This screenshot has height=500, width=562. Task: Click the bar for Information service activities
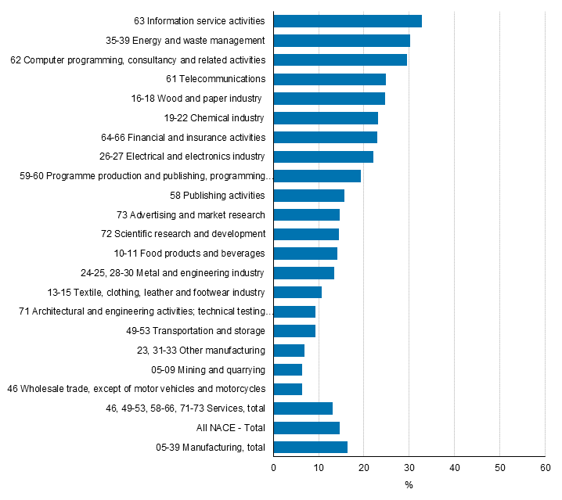coord(348,21)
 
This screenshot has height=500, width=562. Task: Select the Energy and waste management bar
coord(342,41)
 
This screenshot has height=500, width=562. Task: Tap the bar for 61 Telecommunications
coord(330,79)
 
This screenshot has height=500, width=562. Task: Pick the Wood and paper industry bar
coord(330,99)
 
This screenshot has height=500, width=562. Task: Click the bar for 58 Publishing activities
coord(309,196)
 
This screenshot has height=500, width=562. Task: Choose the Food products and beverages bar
coord(305,254)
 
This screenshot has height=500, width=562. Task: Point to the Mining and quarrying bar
coord(288,369)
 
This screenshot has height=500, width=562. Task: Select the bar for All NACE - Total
coord(307,428)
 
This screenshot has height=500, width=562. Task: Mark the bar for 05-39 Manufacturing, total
coord(311,448)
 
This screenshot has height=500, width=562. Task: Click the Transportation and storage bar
coord(294,331)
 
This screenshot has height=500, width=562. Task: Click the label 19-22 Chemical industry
coord(214,118)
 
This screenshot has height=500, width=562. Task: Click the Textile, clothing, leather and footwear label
coord(156,293)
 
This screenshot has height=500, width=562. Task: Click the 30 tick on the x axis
coord(409,467)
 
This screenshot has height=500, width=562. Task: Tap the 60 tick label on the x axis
coord(544,467)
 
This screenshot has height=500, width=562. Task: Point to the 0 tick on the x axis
coord(274,467)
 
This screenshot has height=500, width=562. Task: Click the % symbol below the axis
coord(409,485)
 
